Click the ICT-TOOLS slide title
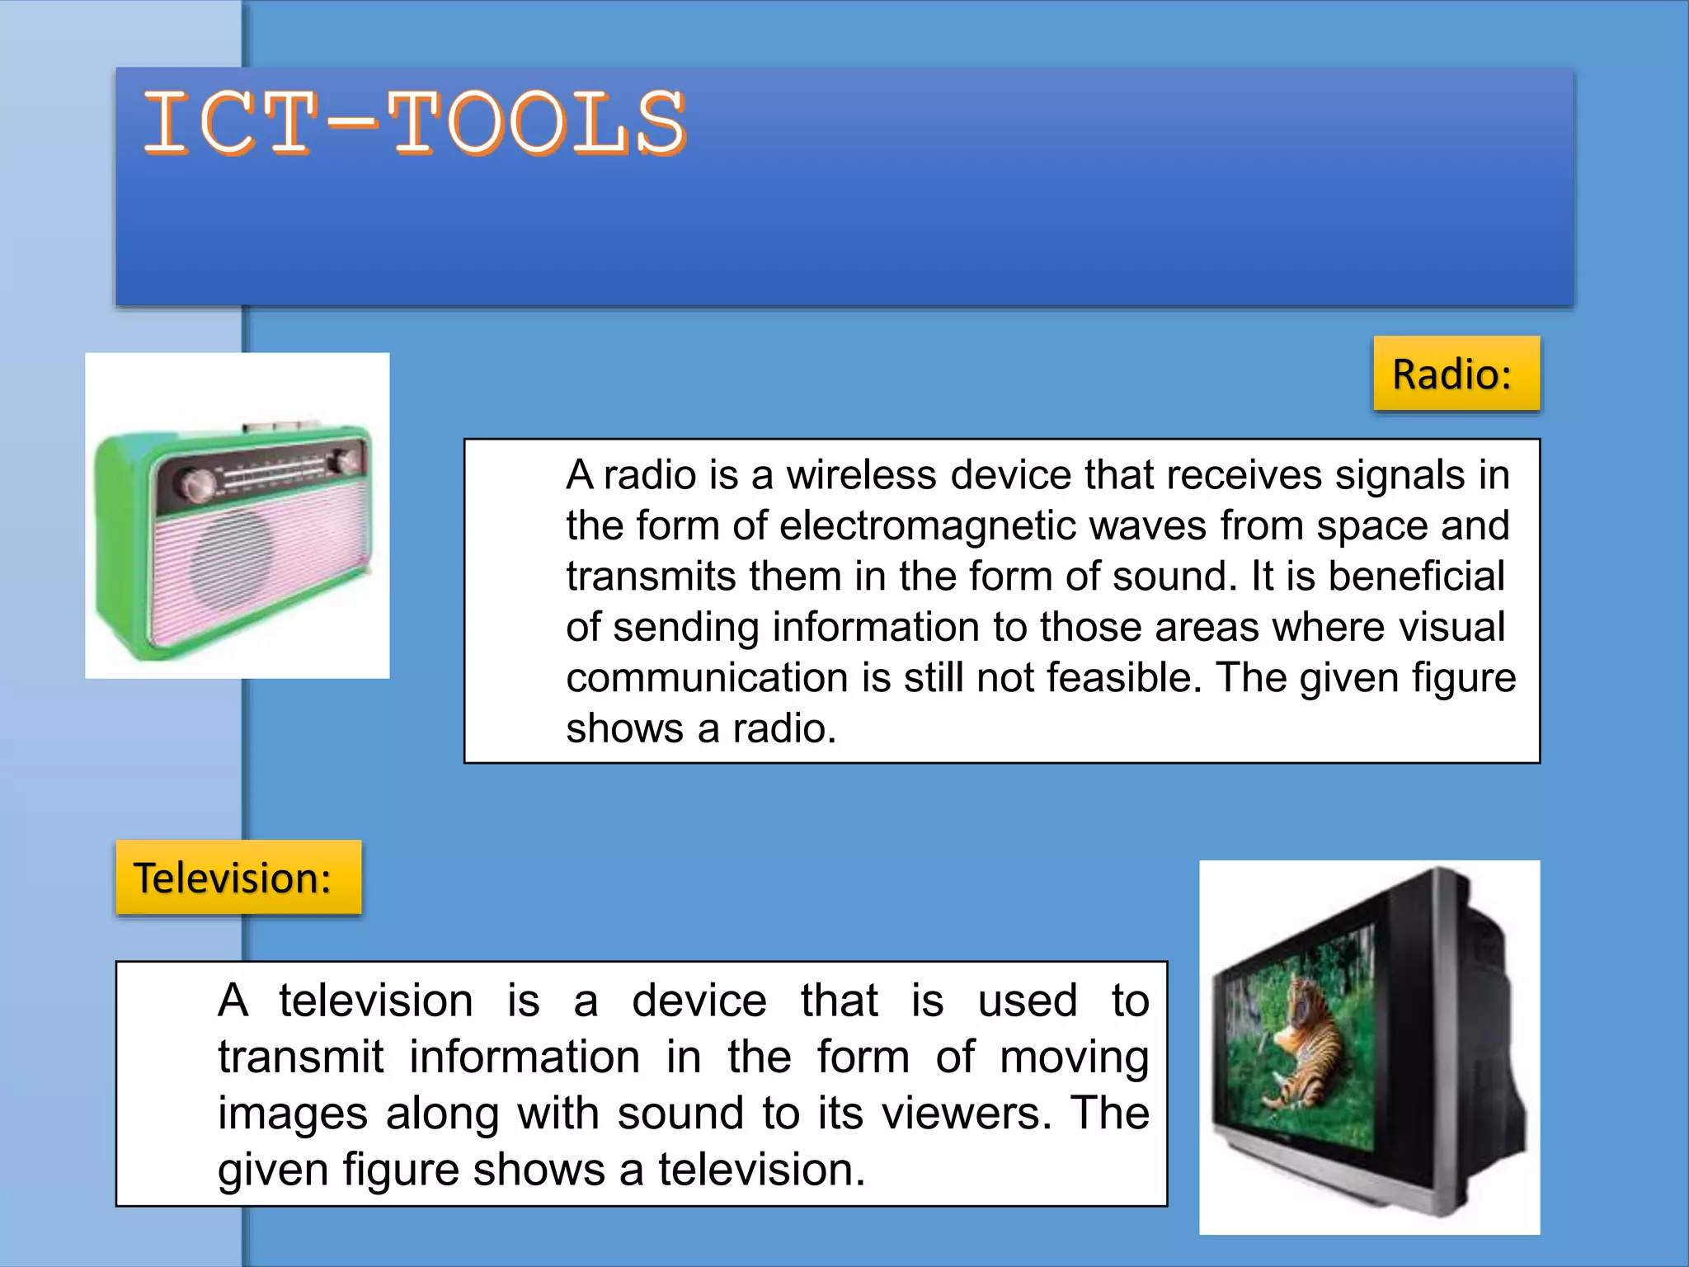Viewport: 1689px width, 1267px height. click(x=415, y=124)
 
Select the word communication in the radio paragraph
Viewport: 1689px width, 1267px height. click(x=707, y=678)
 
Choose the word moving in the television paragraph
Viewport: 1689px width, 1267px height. click(x=1074, y=1057)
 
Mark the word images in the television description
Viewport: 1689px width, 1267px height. click(x=292, y=1114)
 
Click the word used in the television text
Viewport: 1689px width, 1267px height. click(x=1028, y=1001)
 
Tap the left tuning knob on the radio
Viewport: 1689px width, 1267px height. click(x=196, y=486)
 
